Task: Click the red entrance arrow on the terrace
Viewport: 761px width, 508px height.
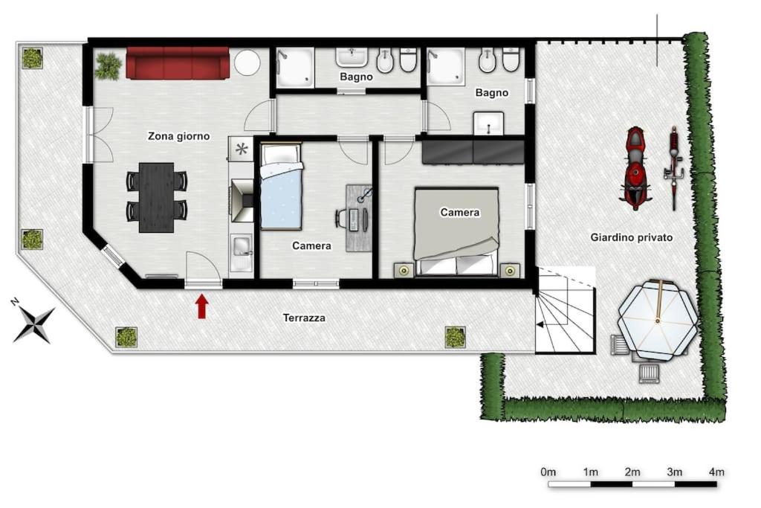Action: pyautogui.click(x=202, y=307)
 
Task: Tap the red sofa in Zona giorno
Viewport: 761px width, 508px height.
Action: pyautogui.click(x=178, y=62)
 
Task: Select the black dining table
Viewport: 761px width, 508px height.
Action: pyautogui.click(x=156, y=198)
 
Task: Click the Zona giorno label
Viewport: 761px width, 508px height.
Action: pyautogui.click(x=178, y=136)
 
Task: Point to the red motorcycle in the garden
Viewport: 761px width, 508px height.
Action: pyautogui.click(x=635, y=167)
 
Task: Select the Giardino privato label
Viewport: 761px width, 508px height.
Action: pyautogui.click(x=632, y=237)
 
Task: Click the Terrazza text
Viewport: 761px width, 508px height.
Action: pyautogui.click(x=304, y=318)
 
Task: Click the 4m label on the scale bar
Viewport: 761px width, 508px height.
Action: pyautogui.click(x=716, y=472)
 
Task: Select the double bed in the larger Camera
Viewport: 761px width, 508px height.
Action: pyautogui.click(x=456, y=231)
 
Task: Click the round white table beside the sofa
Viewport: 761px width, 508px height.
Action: pyautogui.click(x=247, y=62)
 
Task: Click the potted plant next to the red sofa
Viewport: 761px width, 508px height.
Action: pyautogui.click(x=108, y=66)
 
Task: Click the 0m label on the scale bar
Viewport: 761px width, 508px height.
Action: pyautogui.click(x=548, y=472)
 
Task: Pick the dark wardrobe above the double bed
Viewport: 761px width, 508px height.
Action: pyautogui.click(x=473, y=152)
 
